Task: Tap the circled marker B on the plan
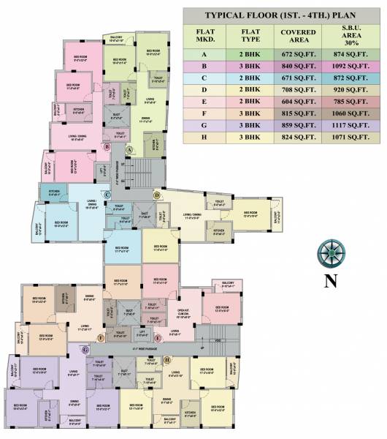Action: (107, 146)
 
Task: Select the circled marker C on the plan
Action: (107, 194)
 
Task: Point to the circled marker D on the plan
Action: (156, 195)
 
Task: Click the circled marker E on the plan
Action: (158, 337)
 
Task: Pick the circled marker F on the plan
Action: (101, 337)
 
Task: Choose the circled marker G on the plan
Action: (85, 350)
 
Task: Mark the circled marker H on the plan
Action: (167, 359)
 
